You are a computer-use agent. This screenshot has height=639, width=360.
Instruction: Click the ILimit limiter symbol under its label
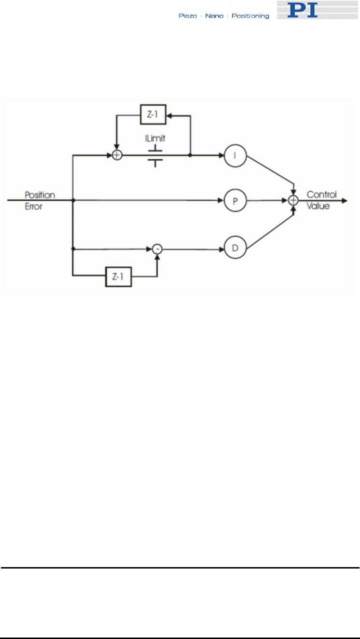(156, 156)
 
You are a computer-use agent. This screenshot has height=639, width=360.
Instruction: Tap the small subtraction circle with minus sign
(156, 249)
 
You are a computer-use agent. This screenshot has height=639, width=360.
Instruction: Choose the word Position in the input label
(40, 195)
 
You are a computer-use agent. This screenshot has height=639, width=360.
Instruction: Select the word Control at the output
(322, 195)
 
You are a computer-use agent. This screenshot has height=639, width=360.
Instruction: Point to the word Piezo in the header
(186, 16)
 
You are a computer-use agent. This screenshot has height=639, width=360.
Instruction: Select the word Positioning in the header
(250, 16)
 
